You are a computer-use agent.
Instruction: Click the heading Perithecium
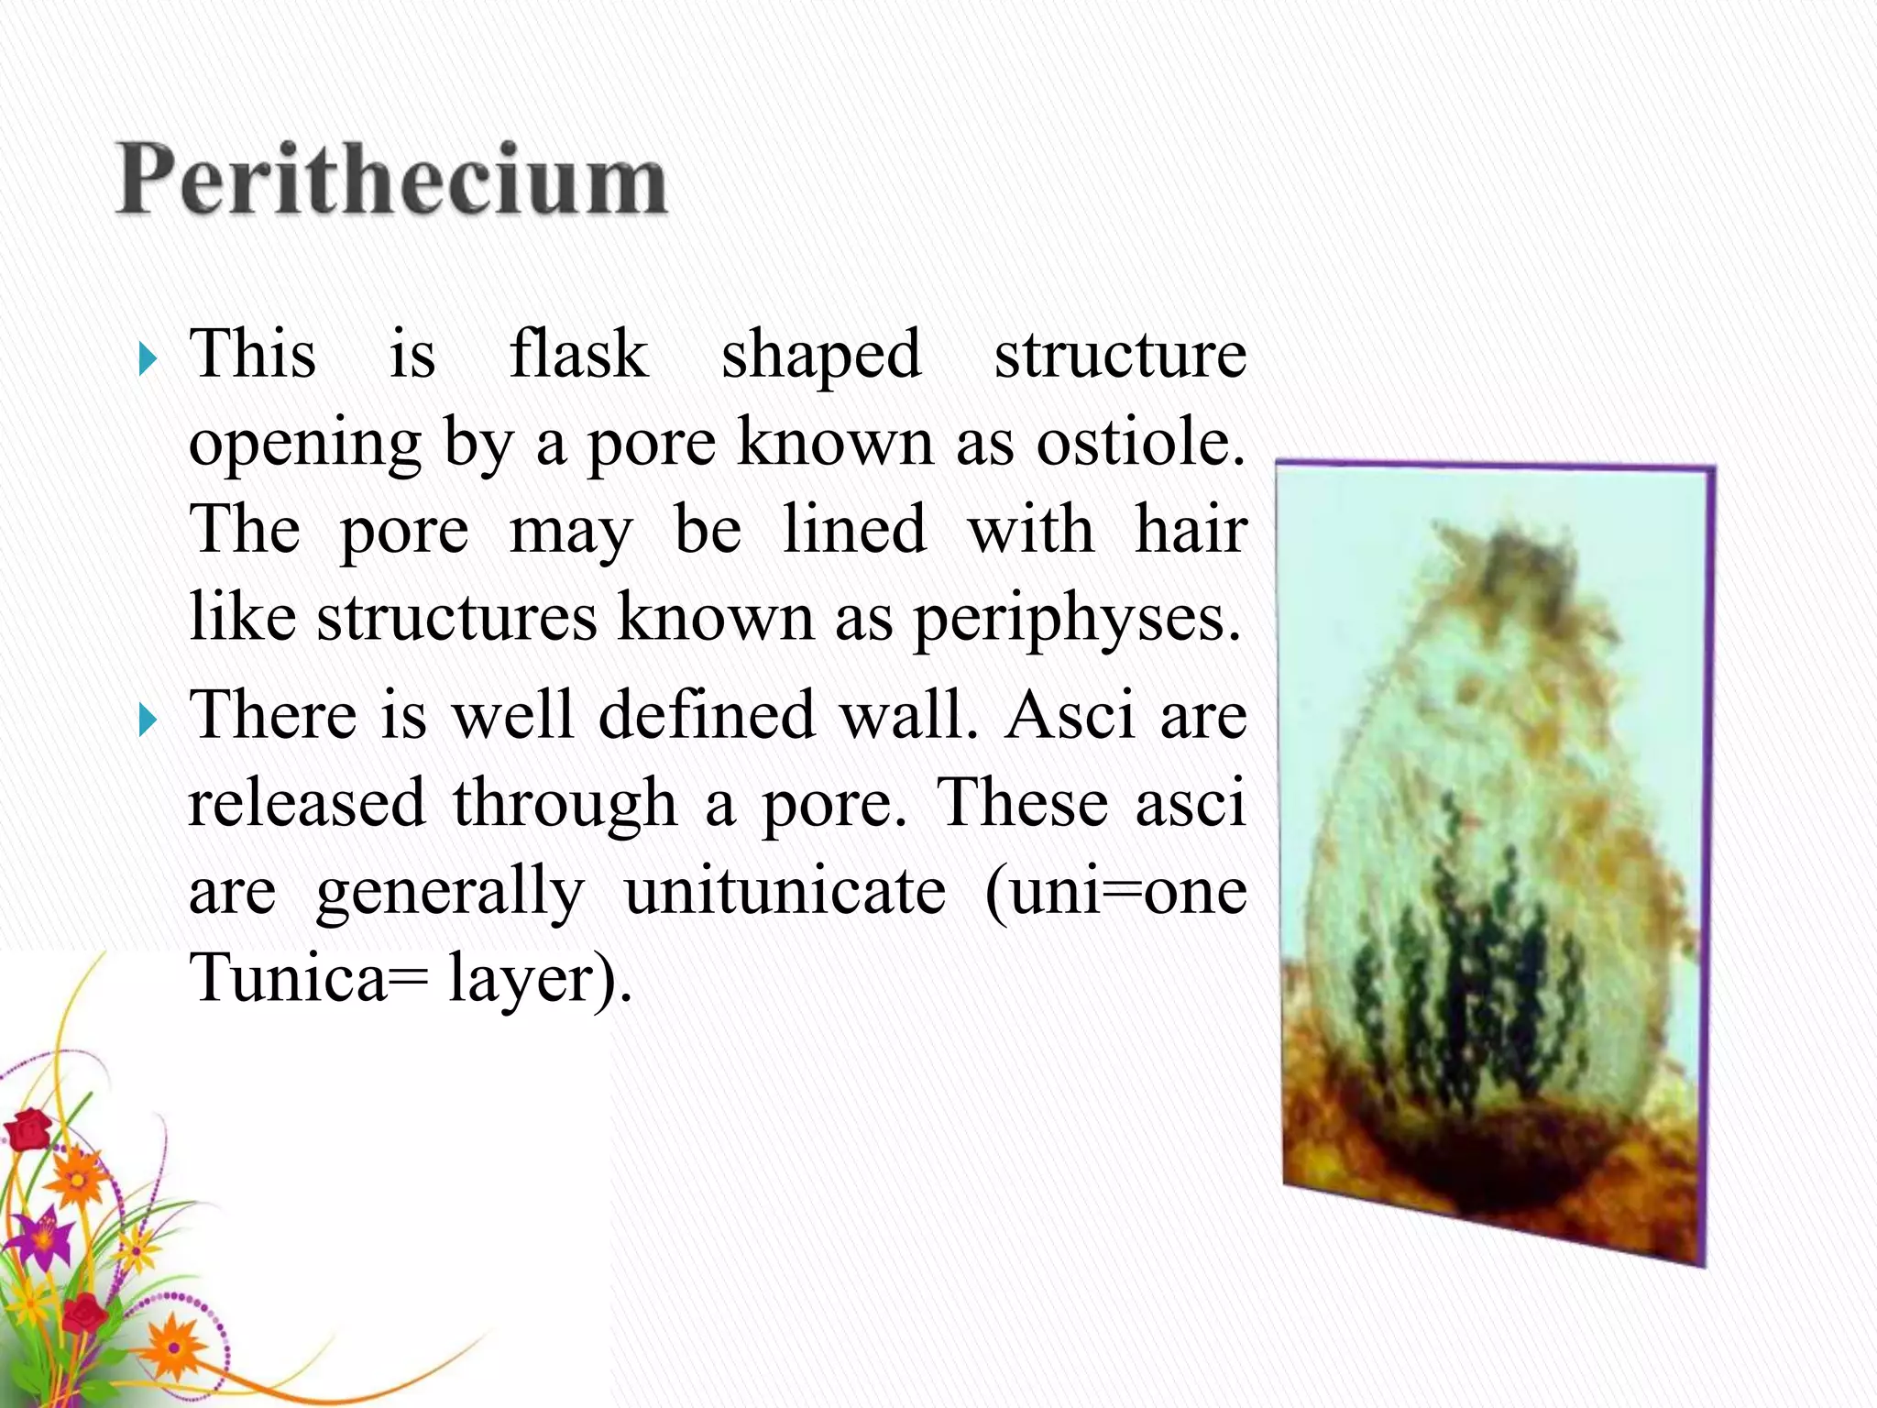coord(392,181)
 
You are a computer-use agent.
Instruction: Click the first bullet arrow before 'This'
coord(148,360)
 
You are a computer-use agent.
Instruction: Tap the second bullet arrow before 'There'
coord(148,720)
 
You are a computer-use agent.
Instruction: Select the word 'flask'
coord(578,354)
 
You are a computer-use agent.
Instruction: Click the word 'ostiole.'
coord(1141,443)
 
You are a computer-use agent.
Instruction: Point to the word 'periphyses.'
coord(1078,620)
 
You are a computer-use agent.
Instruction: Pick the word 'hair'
coord(1191,531)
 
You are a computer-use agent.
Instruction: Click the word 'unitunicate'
coord(785,892)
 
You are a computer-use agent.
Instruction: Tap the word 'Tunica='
coord(308,978)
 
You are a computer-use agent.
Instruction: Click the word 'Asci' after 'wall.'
coord(1070,715)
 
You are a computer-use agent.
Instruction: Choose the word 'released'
coord(307,803)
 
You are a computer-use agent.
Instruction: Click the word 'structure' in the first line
coord(1120,354)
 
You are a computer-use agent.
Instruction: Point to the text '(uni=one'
coord(1115,892)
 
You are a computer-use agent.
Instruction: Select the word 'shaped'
coord(820,356)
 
